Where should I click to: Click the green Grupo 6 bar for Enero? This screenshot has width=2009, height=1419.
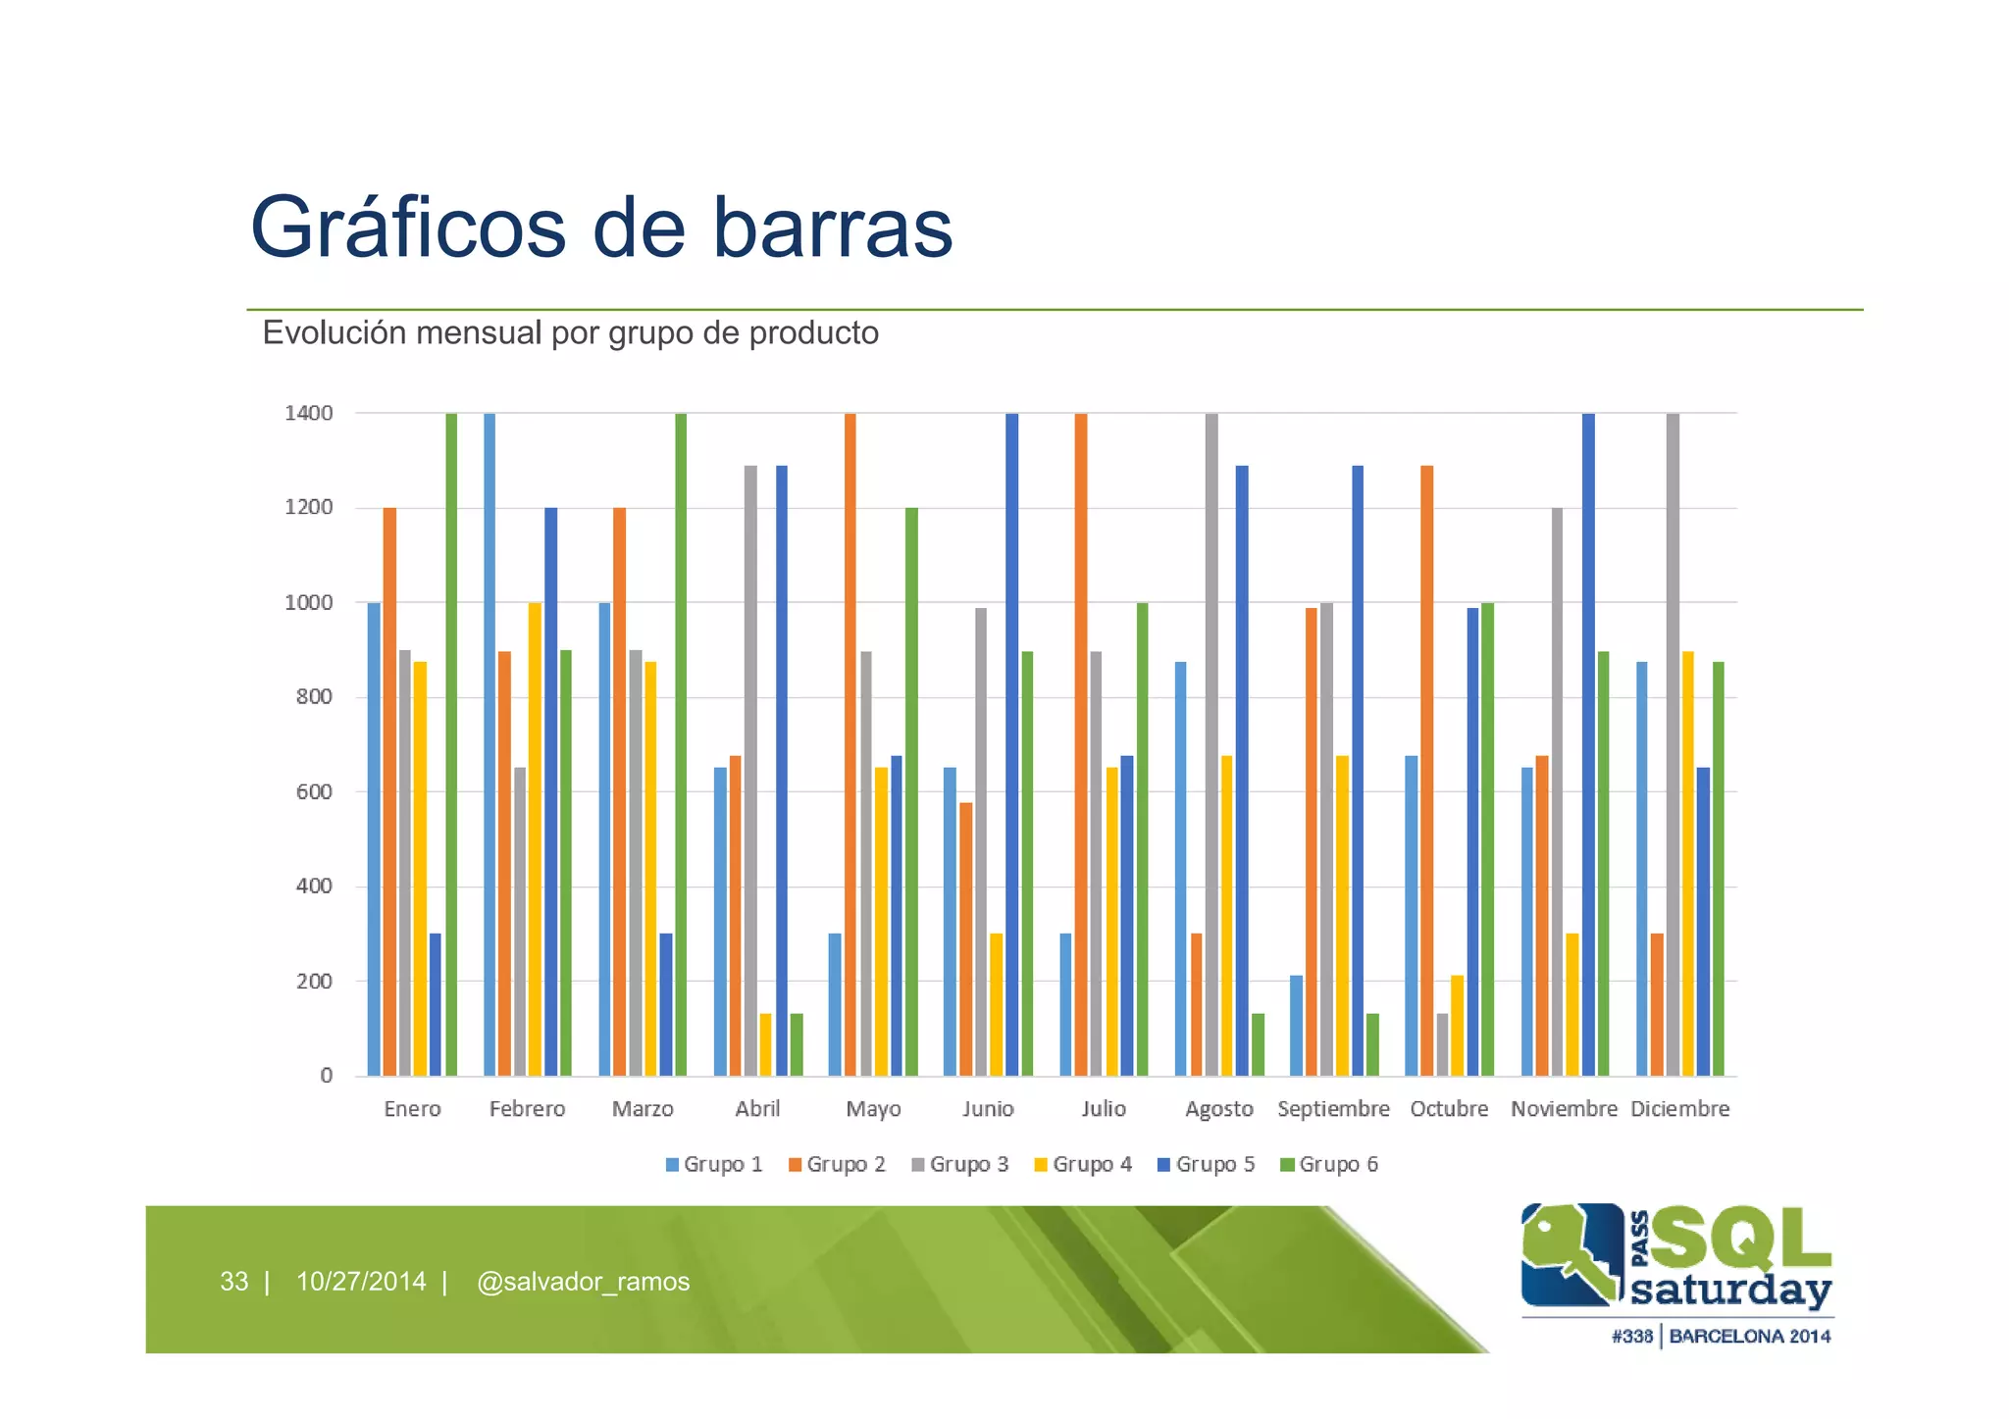(451, 745)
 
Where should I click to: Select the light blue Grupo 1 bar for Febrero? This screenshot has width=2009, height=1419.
(489, 745)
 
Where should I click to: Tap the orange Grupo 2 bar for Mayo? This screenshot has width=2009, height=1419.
(850, 745)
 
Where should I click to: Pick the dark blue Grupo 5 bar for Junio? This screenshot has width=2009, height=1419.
(1012, 745)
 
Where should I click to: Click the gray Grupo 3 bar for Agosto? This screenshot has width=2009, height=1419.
(1212, 745)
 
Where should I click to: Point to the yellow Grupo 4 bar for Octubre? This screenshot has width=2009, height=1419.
(1458, 1026)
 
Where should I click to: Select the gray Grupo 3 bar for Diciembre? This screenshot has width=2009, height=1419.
(1674, 745)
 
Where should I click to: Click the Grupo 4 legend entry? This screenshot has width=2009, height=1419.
(1083, 1164)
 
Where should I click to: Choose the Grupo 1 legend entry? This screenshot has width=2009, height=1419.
(714, 1164)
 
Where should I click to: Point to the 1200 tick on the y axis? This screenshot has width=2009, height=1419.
(309, 507)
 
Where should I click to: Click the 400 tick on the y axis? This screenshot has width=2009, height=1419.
(314, 886)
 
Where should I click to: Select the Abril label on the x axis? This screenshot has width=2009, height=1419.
(757, 1108)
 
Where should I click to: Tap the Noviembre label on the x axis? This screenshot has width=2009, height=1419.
(1564, 1108)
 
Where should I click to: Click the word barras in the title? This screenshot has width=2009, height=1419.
(832, 228)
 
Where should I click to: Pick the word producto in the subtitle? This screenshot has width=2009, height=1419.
(813, 333)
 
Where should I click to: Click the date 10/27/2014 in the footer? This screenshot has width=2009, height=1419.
(361, 1281)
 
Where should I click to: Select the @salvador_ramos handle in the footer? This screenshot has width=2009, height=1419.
(583, 1281)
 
